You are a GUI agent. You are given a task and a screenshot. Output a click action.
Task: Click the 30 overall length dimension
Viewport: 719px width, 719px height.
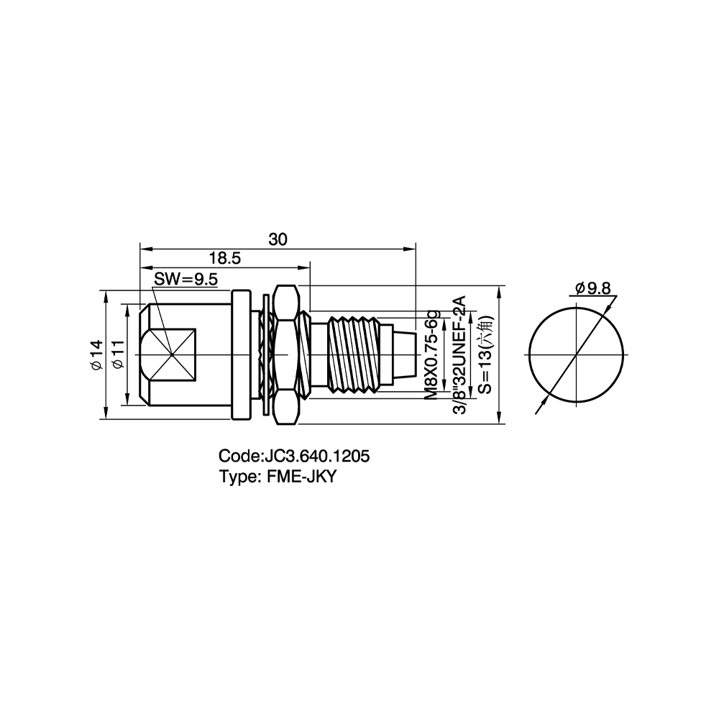point(278,239)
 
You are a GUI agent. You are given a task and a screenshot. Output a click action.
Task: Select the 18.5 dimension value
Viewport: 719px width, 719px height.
point(224,259)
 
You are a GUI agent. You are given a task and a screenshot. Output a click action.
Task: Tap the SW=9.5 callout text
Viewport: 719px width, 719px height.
point(186,279)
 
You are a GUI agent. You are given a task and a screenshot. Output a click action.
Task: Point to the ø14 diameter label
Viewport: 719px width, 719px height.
point(96,354)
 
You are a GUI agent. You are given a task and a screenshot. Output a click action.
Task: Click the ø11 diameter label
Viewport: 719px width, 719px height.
point(118,354)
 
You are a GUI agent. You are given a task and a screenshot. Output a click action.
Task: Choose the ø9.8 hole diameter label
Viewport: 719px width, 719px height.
point(593,288)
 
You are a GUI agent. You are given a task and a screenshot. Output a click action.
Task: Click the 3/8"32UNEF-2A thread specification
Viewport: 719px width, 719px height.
point(459,355)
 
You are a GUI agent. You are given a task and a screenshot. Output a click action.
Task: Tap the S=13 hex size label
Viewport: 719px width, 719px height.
point(485,354)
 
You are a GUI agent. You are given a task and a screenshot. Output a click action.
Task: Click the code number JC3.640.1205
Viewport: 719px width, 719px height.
point(315,457)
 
